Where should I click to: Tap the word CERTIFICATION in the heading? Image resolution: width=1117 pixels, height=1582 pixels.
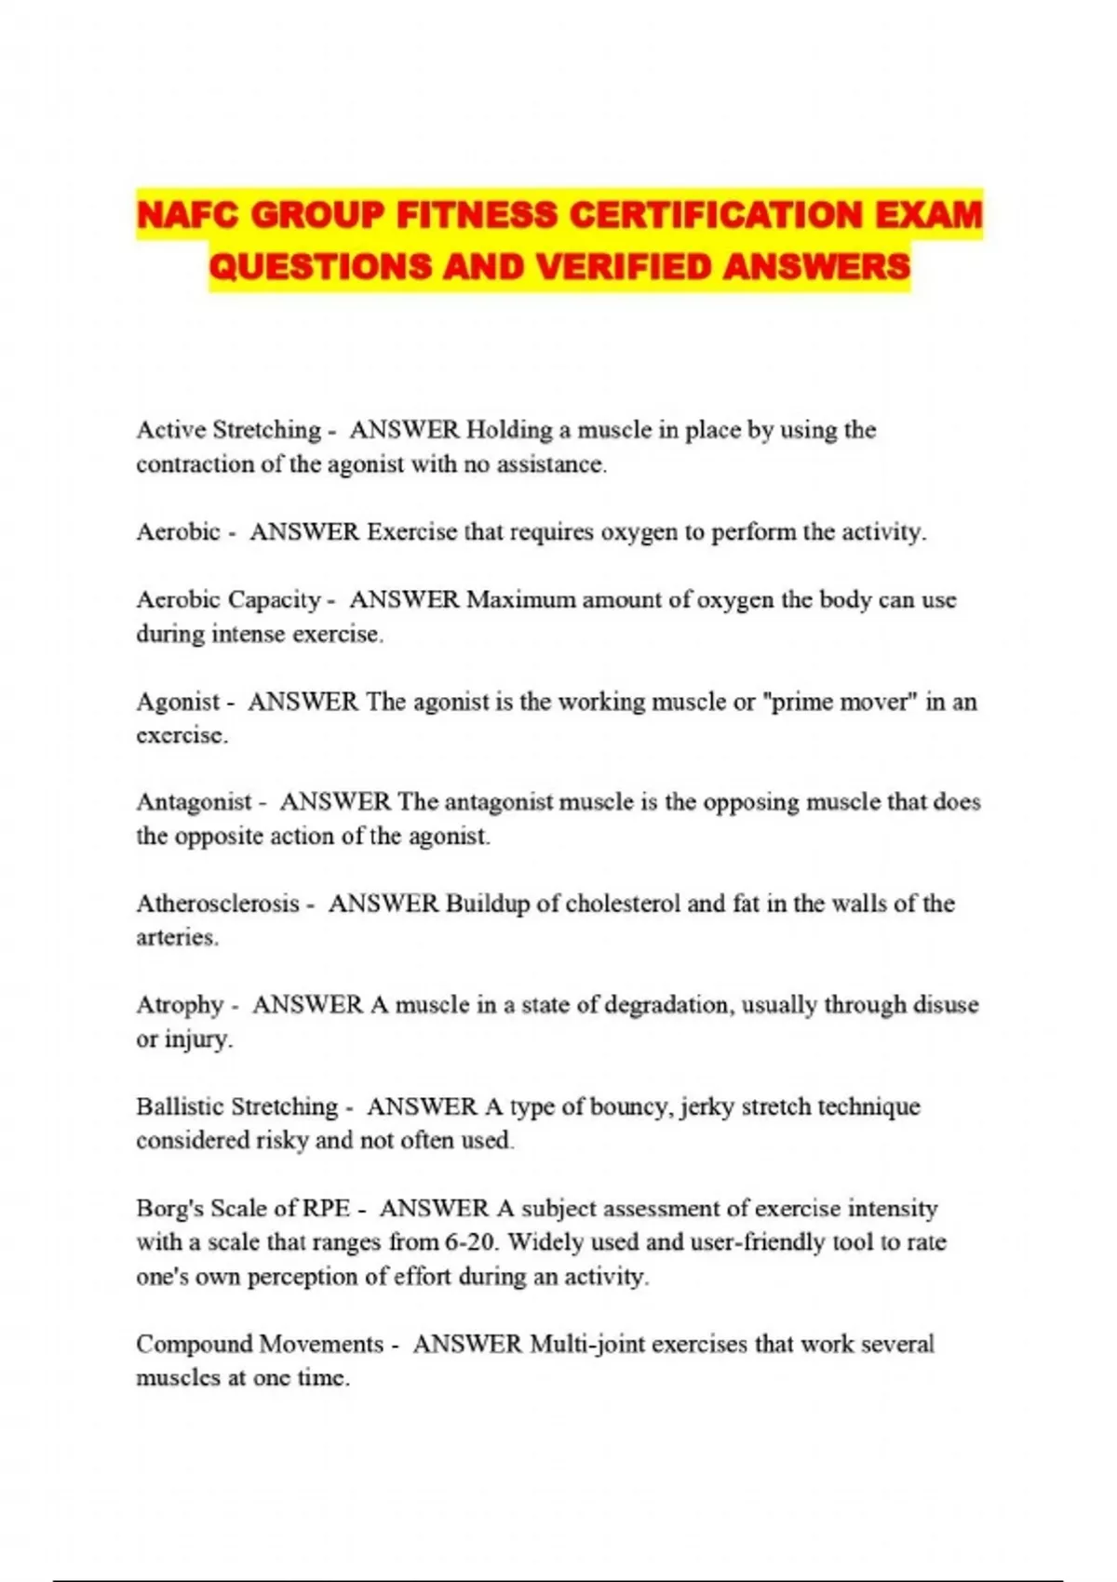(716, 216)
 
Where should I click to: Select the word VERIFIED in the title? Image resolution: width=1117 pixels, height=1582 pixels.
(626, 267)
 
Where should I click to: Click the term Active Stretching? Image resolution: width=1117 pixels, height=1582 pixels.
(228, 430)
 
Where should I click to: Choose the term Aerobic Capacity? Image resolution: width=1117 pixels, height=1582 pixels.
(228, 600)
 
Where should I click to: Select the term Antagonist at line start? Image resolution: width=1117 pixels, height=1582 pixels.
(194, 802)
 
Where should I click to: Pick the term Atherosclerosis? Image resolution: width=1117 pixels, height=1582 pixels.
(218, 904)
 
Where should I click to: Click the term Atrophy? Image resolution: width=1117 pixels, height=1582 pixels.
(180, 1005)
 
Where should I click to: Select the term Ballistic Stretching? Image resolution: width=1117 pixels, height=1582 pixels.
(236, 1106)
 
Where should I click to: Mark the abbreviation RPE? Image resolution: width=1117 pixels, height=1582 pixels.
(326, 1209)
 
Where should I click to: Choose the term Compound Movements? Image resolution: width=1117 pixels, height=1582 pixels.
(260, 1345)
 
